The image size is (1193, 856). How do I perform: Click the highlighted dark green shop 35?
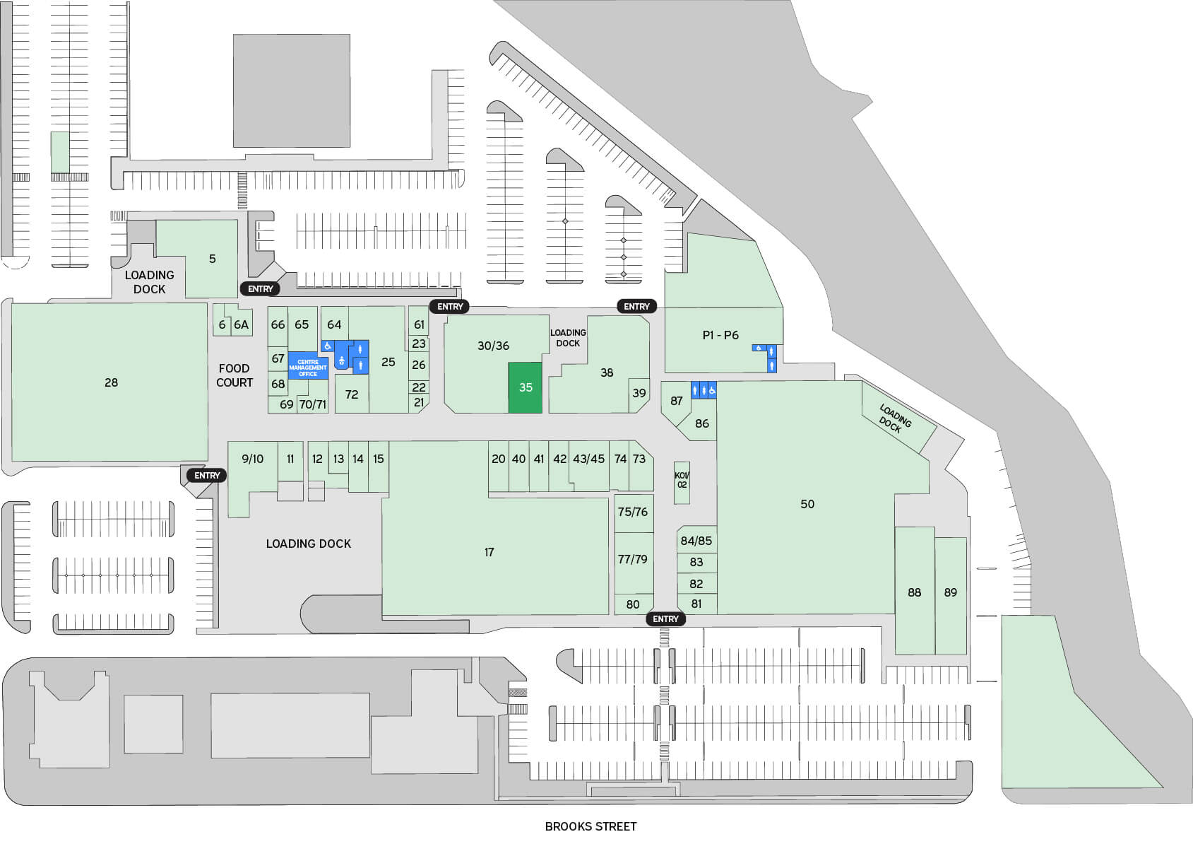coord(526,387)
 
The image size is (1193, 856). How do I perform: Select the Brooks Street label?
coord(590,826)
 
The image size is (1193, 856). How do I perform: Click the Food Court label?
coord(235,375)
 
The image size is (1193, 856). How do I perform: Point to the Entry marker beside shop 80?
coord(665,619)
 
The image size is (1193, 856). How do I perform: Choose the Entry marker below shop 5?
coord(260,288)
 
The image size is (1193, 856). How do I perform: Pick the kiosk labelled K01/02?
coord(682,481)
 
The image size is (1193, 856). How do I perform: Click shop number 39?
coord(639,393)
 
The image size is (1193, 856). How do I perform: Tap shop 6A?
coord(242,324)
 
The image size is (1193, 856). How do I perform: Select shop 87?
coord(677,401)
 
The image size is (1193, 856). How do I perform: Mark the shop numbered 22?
coord(419,387)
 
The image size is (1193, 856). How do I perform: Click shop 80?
coord(633,604)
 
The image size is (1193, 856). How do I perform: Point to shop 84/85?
coord(696,541)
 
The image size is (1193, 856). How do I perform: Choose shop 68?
coord(278,384)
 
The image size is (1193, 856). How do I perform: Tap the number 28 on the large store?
coord(111,382)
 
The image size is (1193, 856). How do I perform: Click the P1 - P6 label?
coord(720,335)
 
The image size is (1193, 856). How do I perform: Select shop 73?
coord(639,459)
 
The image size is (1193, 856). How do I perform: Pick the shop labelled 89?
coord(951,592)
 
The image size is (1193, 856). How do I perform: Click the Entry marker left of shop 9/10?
coord(207,476)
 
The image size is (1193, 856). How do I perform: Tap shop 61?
coord(420,324)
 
